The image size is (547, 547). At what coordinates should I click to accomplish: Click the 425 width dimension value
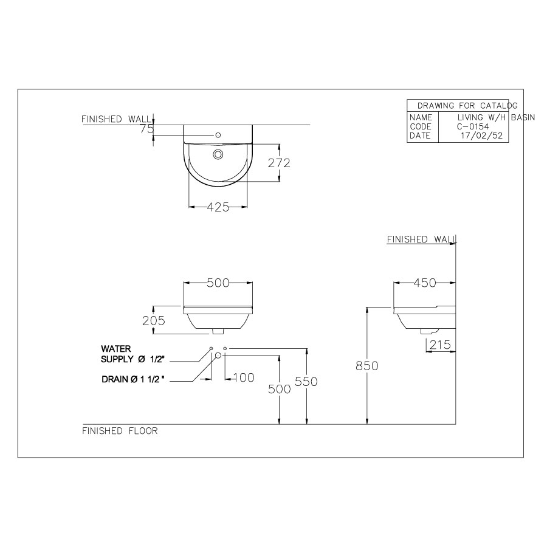tap(218, 207)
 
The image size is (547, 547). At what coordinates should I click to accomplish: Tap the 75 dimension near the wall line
tap(146, 128)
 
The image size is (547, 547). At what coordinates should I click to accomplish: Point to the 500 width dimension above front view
tap(218, 283)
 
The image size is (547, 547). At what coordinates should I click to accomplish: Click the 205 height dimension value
tap(154, 320)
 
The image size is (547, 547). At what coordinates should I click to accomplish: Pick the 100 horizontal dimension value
tap(243, 378)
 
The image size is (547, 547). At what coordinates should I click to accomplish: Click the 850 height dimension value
tap(367, 366)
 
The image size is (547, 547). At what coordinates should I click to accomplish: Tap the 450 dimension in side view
tap(425, 283)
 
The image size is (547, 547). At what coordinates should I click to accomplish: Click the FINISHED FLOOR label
tap(120, 431)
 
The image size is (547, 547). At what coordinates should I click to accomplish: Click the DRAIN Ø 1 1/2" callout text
tap(134, 379)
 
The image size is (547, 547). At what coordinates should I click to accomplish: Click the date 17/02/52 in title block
tap(481, 136)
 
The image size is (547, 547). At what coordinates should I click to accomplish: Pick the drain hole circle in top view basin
tap(217, 154)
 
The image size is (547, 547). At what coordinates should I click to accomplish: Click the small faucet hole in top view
tap(217, 134)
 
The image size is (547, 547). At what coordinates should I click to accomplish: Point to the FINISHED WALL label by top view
tap(116, 119)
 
